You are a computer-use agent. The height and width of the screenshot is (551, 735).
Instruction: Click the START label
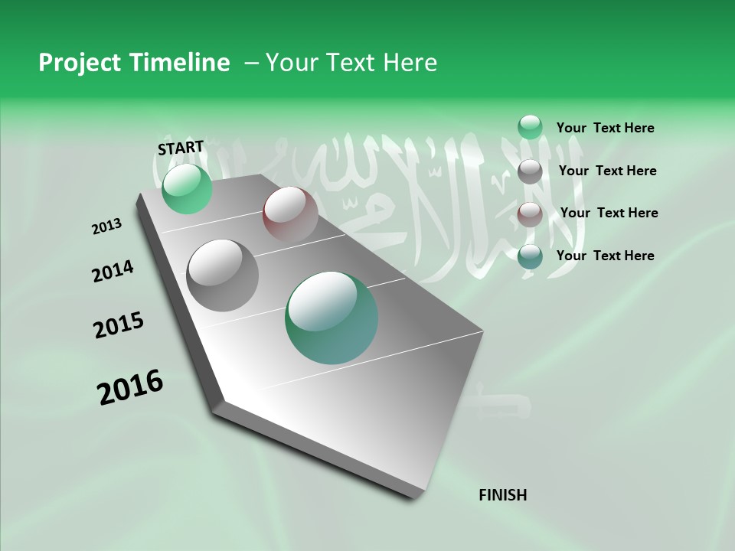[x=181, y=148]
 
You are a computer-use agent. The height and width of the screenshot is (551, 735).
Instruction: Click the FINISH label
[x=502, y=495]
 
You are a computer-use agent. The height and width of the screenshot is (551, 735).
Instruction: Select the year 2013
[x=107, y=227]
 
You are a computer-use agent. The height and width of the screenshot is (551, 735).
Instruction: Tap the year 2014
[x=113, y=272]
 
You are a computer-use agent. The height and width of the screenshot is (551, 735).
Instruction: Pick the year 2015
[x=119, y=325]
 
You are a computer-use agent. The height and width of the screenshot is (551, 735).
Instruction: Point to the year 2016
[x=130, y=387]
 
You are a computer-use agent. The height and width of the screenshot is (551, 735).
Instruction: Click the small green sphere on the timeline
[x=187, y=188]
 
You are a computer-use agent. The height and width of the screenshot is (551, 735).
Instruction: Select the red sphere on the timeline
[x=290, y=214]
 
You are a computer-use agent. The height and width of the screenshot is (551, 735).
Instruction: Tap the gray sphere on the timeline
[x=223, y=275]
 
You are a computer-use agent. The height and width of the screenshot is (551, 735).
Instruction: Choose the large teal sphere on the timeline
[x=331, y=318]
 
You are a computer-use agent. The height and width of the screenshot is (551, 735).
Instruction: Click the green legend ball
[x=530, y=127]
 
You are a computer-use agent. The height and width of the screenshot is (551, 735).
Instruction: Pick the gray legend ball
[x=530, y=171]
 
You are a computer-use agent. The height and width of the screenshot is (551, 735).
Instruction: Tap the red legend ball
[x=530, y=214]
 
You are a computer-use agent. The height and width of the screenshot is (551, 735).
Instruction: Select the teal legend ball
[x=530, y=256]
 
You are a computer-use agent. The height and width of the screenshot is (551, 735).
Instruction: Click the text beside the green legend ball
[x=605, y=129]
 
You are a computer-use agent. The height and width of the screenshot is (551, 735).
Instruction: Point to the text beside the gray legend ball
[x=607, y=171]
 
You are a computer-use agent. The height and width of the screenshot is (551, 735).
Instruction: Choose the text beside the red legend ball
[x=609, y=213]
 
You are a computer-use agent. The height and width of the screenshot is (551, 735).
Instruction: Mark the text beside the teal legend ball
[x=605, y=256]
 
